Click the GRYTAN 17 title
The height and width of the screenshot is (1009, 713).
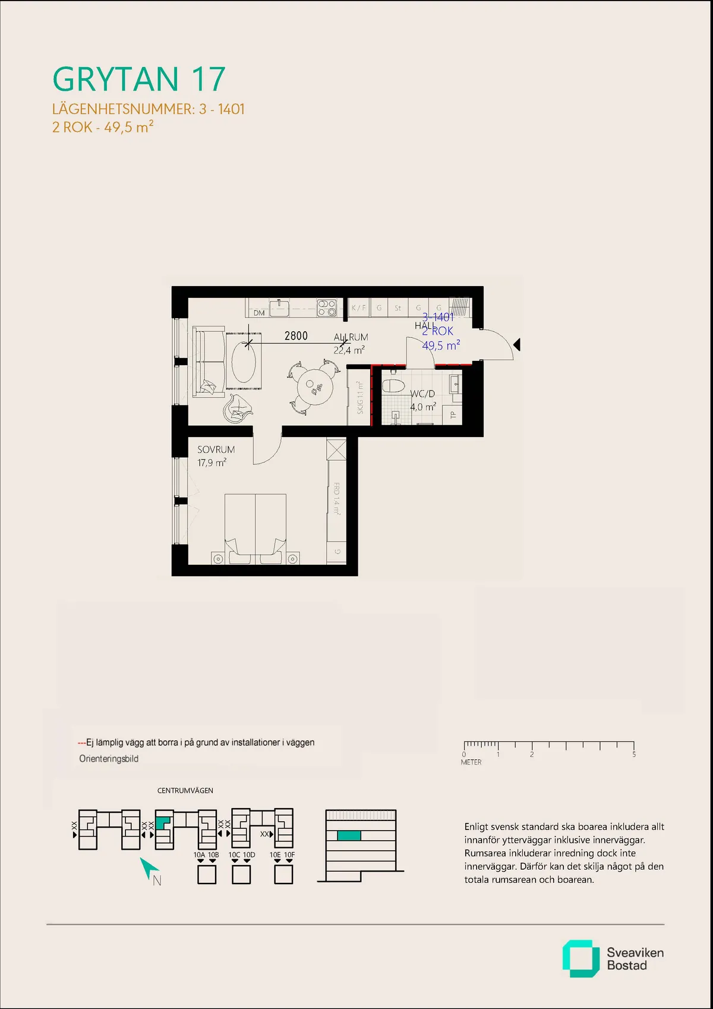pos(139,79)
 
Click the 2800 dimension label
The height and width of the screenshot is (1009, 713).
pos(296,336)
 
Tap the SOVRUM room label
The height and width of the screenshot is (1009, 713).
pos(216,450)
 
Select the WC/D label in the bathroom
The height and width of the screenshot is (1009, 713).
pos(422,394)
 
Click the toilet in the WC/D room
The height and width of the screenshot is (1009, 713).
pos(393,385)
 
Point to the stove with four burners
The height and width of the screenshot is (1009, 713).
pos(327,307)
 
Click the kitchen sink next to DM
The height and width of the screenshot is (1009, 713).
pos(279,307)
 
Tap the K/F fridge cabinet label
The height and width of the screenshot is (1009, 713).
pos(358,308)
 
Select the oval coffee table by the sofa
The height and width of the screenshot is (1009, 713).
pos(244,362)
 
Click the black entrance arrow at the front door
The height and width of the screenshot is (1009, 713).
pos(517,344)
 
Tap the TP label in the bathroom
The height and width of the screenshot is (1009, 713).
pos(453,414)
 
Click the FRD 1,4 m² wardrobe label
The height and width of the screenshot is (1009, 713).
pos(336,498)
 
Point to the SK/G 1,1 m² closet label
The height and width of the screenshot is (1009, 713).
pos(359,398)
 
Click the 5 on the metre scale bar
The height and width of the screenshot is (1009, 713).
pos(634,755)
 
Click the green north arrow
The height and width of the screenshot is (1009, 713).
pos(147,869)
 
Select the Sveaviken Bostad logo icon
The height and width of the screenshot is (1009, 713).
pos(581,958)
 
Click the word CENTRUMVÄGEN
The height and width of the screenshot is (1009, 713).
pos(185,790)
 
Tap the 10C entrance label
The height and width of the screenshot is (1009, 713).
pos(234,854)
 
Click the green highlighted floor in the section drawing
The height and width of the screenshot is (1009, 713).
pos(349,835)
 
